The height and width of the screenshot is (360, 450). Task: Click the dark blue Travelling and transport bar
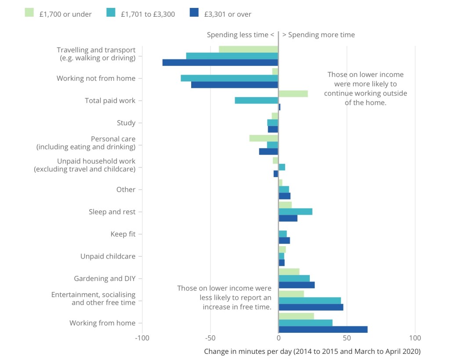coord(220,62)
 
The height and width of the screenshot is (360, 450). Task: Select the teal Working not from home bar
coord(229,78)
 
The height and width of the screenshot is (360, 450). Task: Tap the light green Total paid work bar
coord(293,94)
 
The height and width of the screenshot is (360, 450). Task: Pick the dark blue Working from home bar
coord(323,330)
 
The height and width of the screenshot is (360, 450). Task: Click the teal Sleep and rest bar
coord(295,212)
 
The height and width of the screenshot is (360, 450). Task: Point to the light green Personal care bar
coord(264,138)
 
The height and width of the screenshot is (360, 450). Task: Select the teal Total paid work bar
coord(256,100)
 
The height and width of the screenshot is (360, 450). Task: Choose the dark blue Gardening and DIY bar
coord(297,285)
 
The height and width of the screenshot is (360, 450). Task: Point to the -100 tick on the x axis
coord(142,338)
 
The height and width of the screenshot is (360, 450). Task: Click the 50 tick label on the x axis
coord(347,338)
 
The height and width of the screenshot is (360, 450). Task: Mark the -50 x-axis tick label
coord(210,338)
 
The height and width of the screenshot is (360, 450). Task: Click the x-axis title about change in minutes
coord(312,351)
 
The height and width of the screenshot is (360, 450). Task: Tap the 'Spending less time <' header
coord(240,35)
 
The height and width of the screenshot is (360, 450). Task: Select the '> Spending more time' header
coord(318,35)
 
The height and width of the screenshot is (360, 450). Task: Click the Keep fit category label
coord(123,234)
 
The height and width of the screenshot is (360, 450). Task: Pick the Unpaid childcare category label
coord(108,256)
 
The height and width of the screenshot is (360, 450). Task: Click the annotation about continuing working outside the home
coord(366,89)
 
